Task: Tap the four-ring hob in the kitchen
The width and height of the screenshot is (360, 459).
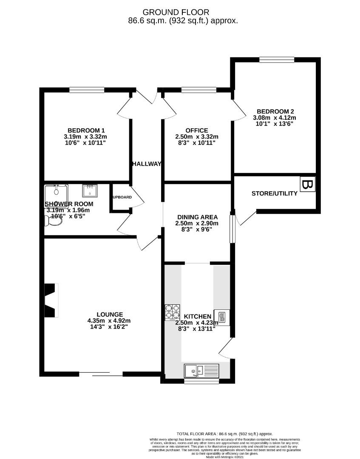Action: pyautogui.click(x=173, y=313)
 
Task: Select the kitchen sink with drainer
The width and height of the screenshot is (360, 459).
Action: pyautogui.click(x=201, y=371)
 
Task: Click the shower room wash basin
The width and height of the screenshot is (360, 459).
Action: pyautogui.click(x=90, y=191)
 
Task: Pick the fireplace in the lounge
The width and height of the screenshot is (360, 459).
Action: pyautogui.click(x=51, y=300)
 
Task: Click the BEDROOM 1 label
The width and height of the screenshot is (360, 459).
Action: pyautogui.click(x=86, y=130)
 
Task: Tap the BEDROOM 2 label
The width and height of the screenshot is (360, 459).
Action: pyautogui.click(x=275, y=111)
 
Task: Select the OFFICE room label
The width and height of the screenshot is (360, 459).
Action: pyautogui.click(x=196, y=130)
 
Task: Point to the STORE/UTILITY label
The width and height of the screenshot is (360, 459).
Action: pyautogui.click(x=274, y=194)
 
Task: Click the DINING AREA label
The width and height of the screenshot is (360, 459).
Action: pyautogui.click(x=197, y=217)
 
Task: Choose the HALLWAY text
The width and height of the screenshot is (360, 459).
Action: pyautogui.click(x=146, y=164)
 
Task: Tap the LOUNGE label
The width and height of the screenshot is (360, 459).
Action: pyautogui.click(x=109, y=314)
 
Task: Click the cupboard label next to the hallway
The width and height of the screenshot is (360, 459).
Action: pyautogui.click(x=122, y=197)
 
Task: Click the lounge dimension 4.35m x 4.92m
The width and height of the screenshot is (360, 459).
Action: pyautogui.click(x=109, y=321)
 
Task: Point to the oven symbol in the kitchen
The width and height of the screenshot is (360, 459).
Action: pyautogui.click(x=221, y=317)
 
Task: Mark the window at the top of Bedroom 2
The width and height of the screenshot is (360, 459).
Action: pyautogui.click(x=276, y=59)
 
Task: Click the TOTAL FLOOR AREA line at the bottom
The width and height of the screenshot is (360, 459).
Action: pyautogui.click(x=225, y=433)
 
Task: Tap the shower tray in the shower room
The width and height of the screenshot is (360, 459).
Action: pyautogui.click(x=56, y=194)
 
